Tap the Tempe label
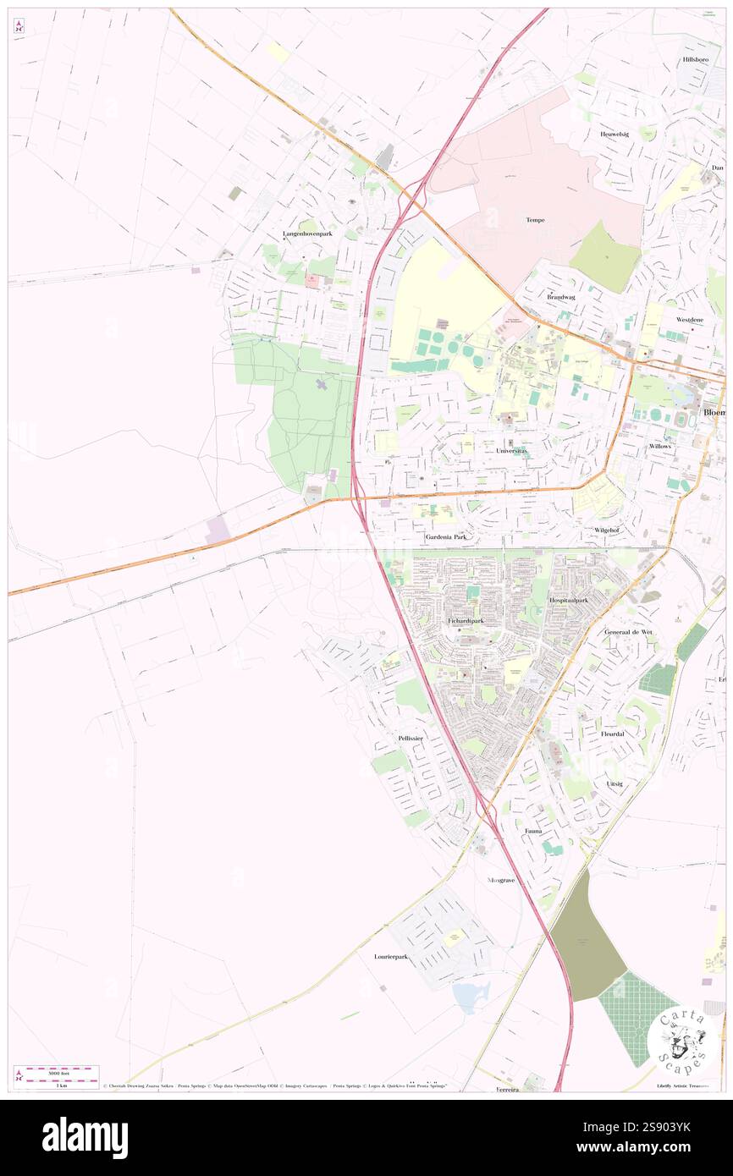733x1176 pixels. [535, 220]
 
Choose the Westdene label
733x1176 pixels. [690, 320]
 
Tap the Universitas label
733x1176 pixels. [511, 451]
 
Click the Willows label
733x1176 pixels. [660, 445]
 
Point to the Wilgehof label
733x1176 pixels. [608, 530]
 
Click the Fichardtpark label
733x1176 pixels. [465, 620]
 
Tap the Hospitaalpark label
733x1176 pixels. [569, 599]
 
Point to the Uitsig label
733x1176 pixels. [615, 784]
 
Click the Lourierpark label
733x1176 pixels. [391, 957]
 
